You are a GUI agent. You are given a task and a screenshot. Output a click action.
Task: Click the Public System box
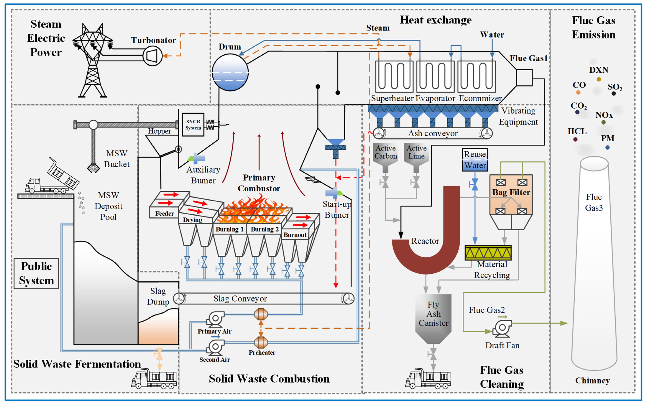click(36, 273)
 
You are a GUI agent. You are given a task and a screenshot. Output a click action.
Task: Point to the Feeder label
click(164, 214)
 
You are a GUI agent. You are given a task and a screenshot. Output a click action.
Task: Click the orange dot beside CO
click(578, 92)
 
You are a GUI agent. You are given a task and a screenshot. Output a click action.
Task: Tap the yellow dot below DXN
click(599, 79)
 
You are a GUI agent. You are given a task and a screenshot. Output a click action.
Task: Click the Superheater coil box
click(394, 76)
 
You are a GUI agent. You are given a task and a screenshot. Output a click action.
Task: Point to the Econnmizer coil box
click(476, 76)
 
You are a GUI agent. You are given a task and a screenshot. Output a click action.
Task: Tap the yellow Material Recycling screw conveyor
click(488, 253)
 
